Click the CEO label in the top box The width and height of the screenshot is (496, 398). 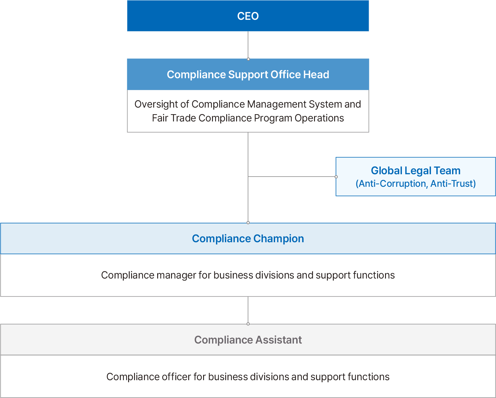[x=248, y=16]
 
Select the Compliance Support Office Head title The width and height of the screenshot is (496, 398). [x=248, y=74]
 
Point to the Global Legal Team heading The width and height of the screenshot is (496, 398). [x=415, y=171]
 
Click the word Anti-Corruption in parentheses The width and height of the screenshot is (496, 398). [x=392, y=183]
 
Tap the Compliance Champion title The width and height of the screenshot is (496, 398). [x=248, y=239]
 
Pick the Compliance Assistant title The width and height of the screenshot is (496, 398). [x=248, y=340]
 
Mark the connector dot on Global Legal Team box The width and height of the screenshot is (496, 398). [x=336, y=177]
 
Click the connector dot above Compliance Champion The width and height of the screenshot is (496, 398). [x=248, y=223]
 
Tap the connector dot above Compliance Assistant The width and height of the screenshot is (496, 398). [x=248, y=324]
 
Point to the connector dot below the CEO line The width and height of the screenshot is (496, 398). [x=248, y=59]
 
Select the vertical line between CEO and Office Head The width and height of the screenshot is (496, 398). [x=248, y=45]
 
